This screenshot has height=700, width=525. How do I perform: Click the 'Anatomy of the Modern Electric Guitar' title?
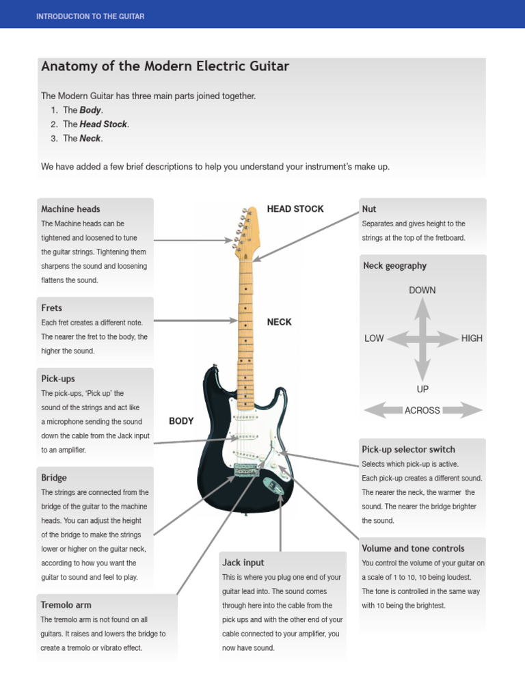tap(165, 67)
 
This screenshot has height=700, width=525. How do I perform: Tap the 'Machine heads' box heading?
tap(70, 209)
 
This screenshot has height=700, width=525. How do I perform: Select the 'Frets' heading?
tap(51, 308)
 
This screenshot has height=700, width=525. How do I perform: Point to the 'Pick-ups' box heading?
tap(58, 379)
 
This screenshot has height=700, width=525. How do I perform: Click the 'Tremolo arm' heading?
tap(66, 605)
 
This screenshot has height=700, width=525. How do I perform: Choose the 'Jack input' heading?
tap(243, 563)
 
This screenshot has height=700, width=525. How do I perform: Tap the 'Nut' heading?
tap(369, 209)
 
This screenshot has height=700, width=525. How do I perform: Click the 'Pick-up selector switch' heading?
tap(408, 450)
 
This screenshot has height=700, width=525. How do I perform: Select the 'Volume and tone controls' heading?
tap(413, 548)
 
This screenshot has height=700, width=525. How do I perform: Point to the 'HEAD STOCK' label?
tap(295, 209)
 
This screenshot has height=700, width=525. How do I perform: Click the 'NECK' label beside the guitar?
tap(279, 322)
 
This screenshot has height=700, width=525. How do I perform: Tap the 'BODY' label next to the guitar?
tap(181, 421)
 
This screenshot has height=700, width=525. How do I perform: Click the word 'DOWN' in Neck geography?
tap(422, 291)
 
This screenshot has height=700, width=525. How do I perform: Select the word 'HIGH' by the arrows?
tap(472, 338)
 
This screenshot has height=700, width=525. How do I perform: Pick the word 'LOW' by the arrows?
tap(374, 338)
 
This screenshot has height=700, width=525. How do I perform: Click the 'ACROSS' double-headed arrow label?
tap(422, 410)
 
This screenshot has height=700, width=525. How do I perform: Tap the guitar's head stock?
tap(247, 229)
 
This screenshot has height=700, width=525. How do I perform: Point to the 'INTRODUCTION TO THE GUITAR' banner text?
tap(90, 16)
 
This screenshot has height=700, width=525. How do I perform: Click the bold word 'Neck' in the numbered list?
tap(90, 138)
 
